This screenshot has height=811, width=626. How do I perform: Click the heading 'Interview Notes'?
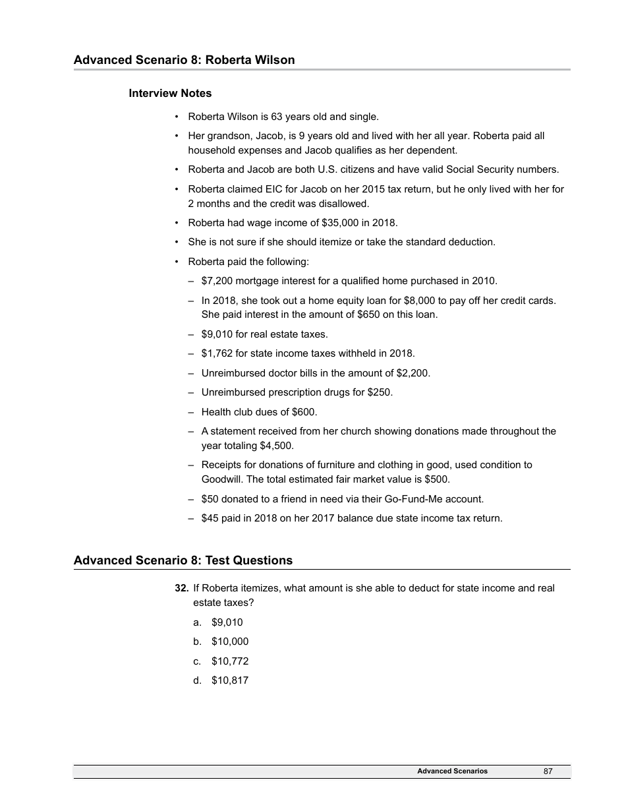(170, 93)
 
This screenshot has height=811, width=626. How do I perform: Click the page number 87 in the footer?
(548, 771)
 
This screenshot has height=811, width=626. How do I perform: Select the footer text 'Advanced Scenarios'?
(452, 771)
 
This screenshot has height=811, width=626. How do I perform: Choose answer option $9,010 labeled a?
(227, 622)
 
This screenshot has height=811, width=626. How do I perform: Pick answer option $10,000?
(229, 641)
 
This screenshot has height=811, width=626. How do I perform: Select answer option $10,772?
(229, 661)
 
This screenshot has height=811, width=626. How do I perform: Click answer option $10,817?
(229, 680)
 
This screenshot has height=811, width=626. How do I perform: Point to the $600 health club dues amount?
(303, 412)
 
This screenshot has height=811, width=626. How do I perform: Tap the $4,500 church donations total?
(275, 446)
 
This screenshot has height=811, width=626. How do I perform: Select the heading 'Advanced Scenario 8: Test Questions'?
(183, 560)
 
